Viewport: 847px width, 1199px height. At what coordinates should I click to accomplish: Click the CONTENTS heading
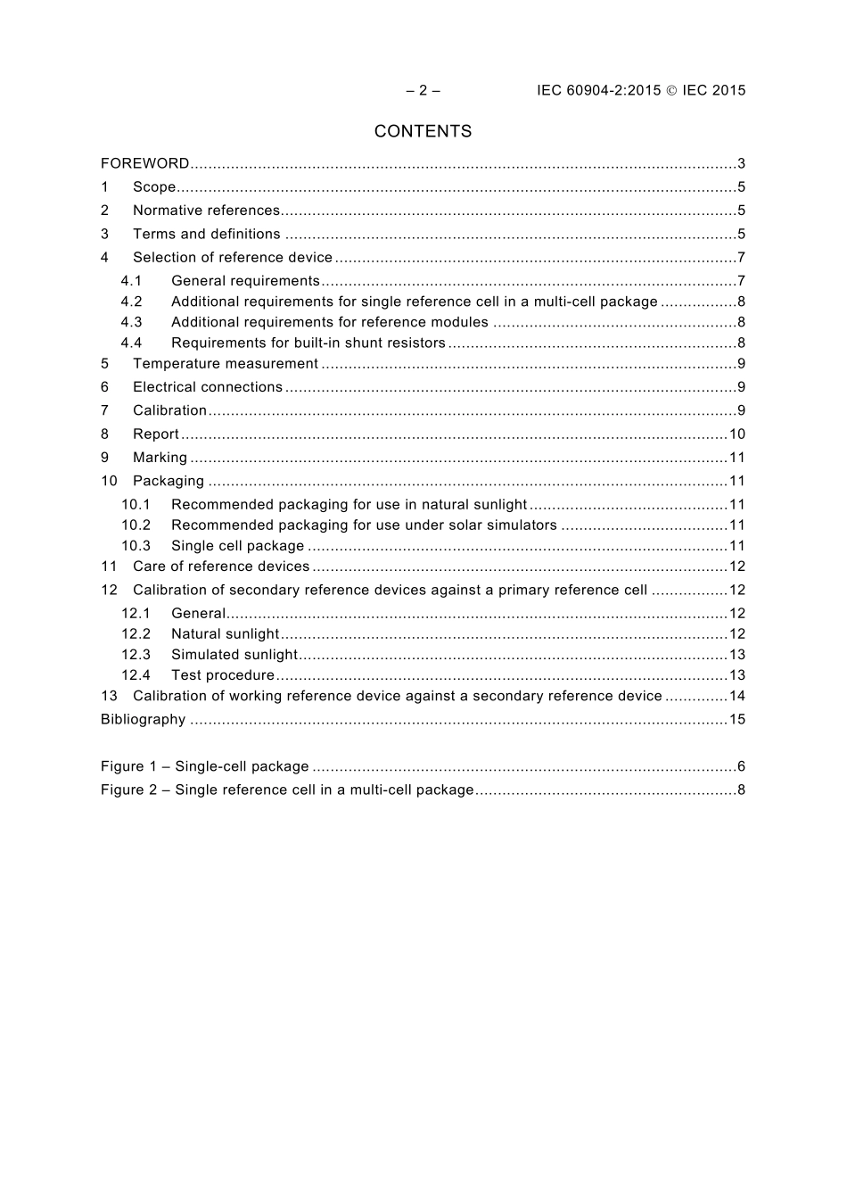(x=423, y=131)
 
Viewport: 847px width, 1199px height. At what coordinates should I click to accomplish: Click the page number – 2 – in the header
(x=423, y=90)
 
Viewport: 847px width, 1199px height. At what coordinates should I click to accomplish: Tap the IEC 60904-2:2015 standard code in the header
(x=599, y=90)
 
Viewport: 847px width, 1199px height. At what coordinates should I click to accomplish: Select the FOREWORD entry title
(x=144, y=163)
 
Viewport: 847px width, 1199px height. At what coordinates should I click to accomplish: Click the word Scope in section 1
(x=154, y=187)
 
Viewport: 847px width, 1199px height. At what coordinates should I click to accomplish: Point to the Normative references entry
(x=206, y=211)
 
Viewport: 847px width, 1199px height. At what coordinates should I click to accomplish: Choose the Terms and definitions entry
(x=206, y=234)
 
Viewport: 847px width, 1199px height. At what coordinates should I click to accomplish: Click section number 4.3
(x=132, y=322)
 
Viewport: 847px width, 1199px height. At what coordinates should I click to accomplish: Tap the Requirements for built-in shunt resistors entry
(x=308, y=343)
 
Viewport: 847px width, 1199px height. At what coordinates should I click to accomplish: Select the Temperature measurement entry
(x=225, y=364)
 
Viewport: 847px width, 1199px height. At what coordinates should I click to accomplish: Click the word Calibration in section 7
(x=169, y=410)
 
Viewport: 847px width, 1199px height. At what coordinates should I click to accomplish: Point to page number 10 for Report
(x=736, y=434)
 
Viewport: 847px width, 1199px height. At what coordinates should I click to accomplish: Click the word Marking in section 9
(x=160, y=458)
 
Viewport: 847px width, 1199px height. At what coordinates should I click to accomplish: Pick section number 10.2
(x=136, y=525)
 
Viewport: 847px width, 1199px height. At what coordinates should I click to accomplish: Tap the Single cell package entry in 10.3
(x=237, y=546)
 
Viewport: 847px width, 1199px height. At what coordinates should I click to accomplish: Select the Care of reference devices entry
(x=221, y=566)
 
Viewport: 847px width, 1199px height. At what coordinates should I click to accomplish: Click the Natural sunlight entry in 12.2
(x=225, y=634)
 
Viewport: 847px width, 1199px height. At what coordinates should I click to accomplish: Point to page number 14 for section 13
(x=736, y=697)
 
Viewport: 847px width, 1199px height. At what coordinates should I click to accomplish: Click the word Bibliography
(x=143, y=720)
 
